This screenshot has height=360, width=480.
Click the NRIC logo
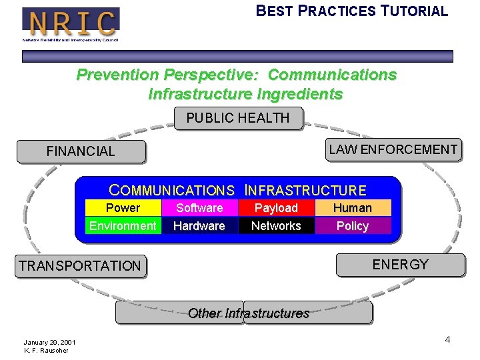coord(71,23)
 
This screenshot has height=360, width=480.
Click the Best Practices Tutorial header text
coord(352,11)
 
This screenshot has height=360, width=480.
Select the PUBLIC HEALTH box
coord(237,118)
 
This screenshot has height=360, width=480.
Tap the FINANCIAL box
coord(81,151)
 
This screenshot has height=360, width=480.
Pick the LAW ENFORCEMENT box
coord(393,149)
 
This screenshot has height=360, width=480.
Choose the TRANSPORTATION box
coord(80,266)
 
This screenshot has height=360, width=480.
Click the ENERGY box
coord(400,265)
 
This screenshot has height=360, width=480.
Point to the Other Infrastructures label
coord(248,313)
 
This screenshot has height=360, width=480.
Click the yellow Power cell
coord(123,208)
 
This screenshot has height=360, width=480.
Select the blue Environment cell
coord(123,226)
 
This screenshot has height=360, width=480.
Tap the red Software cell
coord(199,208)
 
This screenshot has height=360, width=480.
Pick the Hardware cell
coord(199,226)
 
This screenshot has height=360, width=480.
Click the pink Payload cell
coord(276,208)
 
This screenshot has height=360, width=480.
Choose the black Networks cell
coord(276,226)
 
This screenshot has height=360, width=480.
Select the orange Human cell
coord(353,208)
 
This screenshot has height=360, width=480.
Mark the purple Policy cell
coord(353,226)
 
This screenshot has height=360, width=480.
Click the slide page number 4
coord(447,340)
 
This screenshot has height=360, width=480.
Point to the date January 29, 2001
coord(49,342)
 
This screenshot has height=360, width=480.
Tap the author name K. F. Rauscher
coord(46,350)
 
